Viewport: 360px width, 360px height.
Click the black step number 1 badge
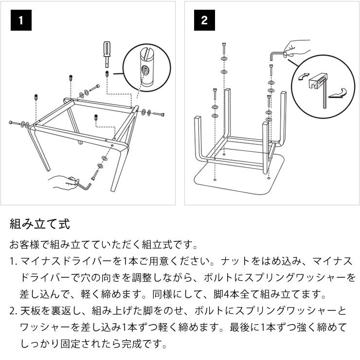pos(21,20)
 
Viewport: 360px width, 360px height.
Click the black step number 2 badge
pos(204,20)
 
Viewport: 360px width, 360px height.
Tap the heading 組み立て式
pos(40,224)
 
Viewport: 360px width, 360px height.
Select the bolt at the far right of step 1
pos(159,114)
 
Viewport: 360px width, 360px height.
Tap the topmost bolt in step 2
pos(223,48)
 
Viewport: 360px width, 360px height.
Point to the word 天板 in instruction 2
pos(29,311)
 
